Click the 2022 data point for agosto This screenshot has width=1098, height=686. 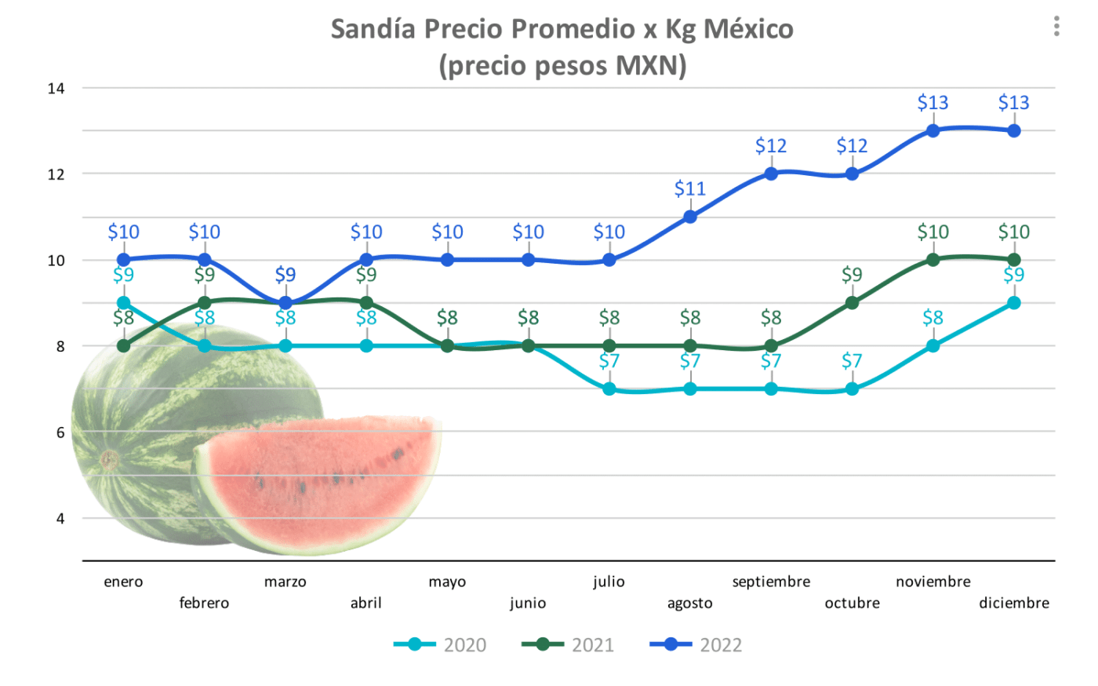tap(690, 217)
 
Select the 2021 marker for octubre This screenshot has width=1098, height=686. tap(852, 303)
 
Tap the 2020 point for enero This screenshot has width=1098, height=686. tap(123, 303)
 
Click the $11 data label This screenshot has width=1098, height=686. tap(690, 189)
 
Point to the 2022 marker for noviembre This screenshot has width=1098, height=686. tap(933, 131)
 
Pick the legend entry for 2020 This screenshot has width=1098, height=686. tap(441, 645)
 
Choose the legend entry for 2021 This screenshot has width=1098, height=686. tap(569, 645)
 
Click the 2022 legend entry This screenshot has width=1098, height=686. tap(696, 645)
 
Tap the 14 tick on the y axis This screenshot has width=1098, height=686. tap(56, 88)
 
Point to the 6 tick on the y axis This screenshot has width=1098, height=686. tap(60, 432)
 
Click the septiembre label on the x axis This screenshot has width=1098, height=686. tap(771, 582)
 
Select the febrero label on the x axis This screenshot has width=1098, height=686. tap(204, 604)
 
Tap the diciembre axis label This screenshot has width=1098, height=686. tap(1013, 604)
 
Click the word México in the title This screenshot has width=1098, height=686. tap(748, 29)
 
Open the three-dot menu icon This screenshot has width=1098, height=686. tap(1056, 27)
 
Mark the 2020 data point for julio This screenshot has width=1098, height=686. tap(609, 389)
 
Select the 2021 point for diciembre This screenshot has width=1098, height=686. tap(1013, 260)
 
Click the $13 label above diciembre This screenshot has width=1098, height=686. tap(1013, 103)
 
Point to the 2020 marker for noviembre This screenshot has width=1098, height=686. tap(933, 346)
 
